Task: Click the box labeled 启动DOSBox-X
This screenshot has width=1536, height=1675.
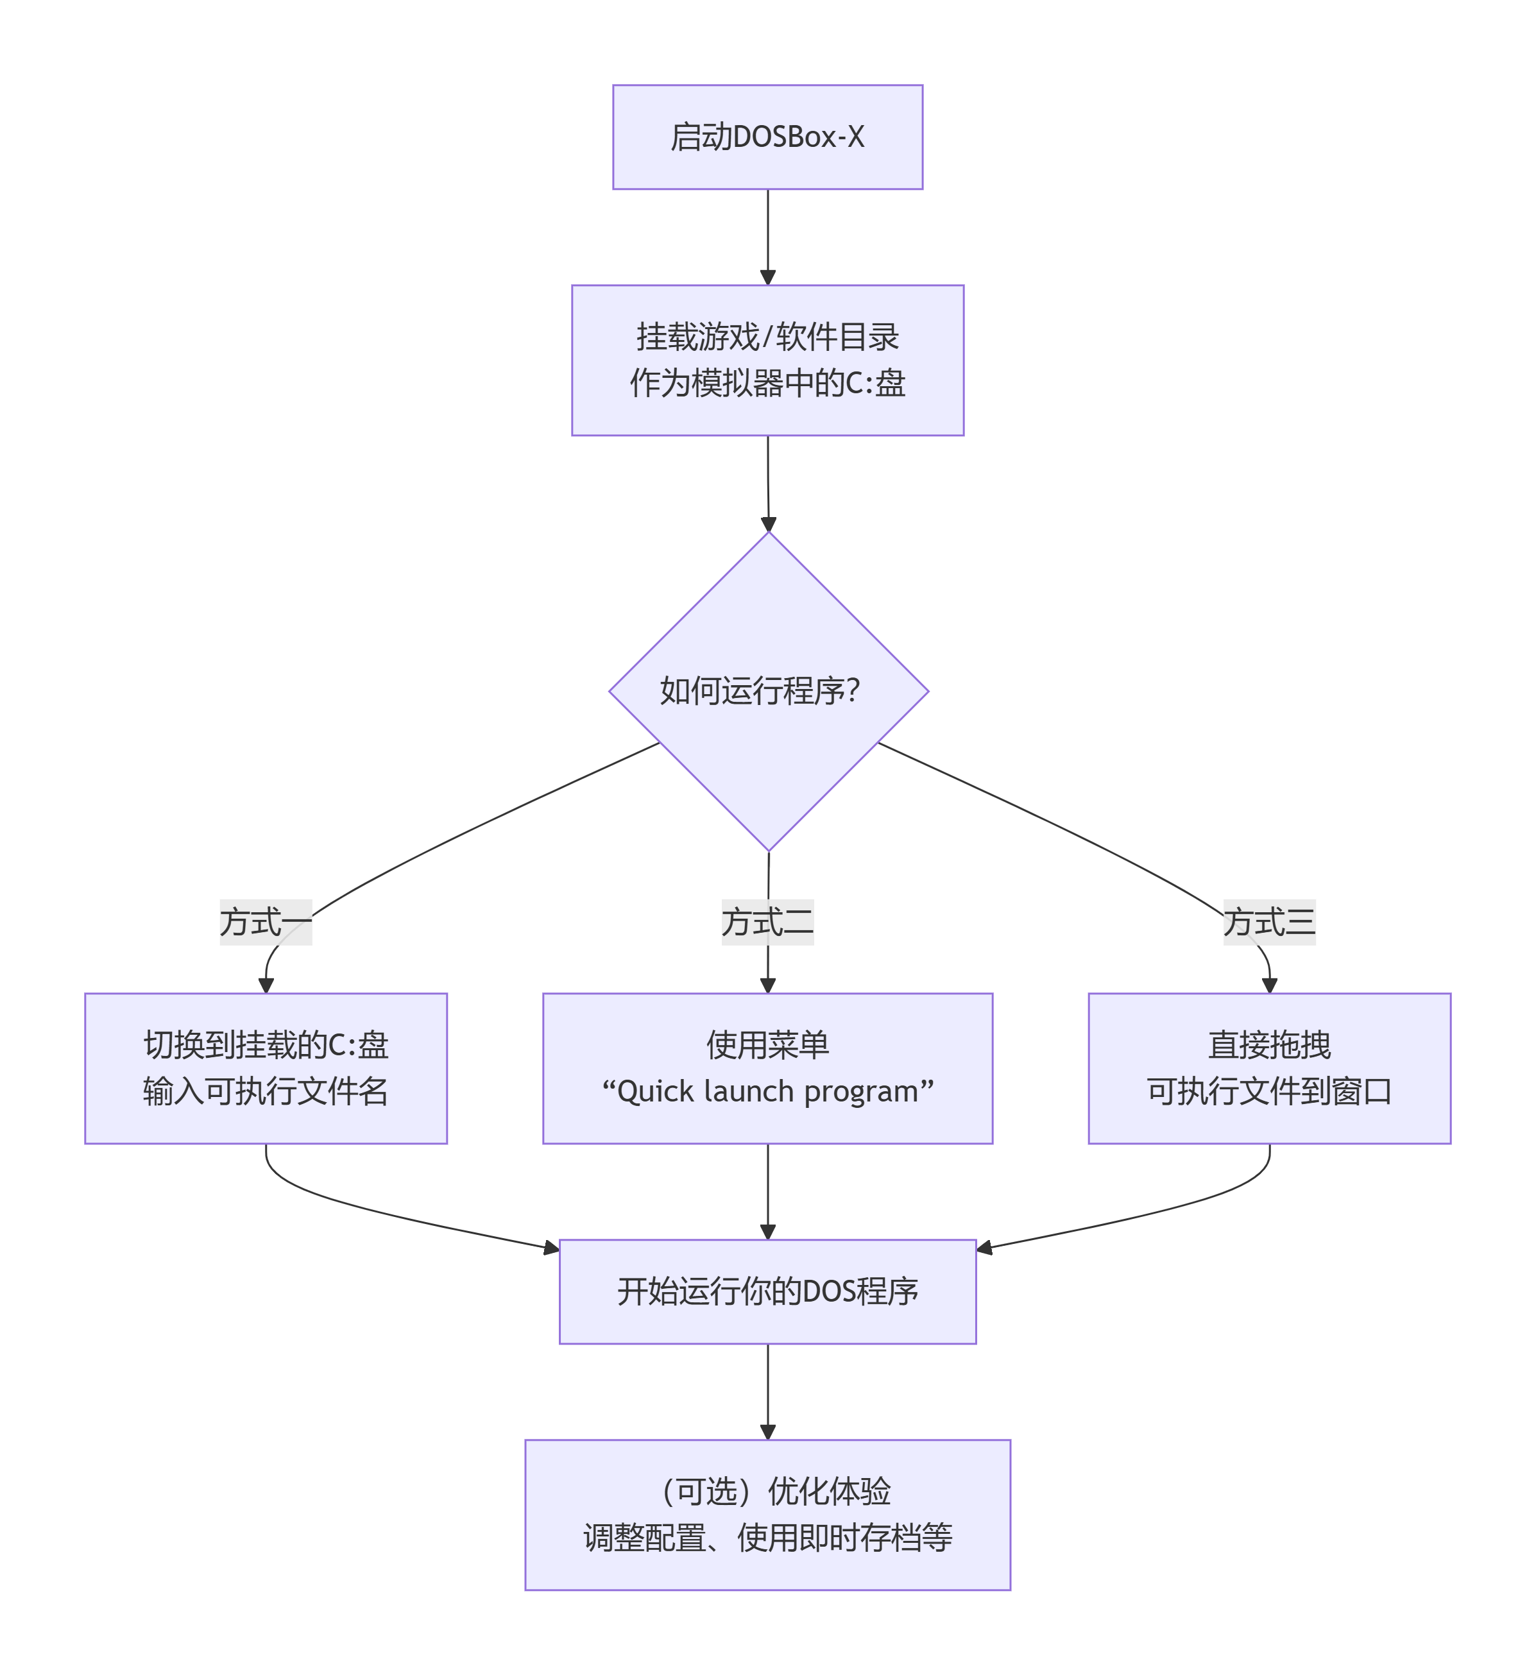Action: pyautogui.click(x=767, y=137)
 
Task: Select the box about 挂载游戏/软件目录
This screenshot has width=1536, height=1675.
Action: pyautogui.click(x=767, y=360)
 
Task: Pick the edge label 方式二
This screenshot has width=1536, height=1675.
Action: pyautogui.click(x=767, y=923)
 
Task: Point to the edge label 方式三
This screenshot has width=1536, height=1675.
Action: pyautogui.click(x=1269, y=923)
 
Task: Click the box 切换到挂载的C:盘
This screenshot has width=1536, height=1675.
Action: pyautogui.click(x=266, y=1069)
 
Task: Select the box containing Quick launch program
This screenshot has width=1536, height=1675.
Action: pyautogui.click(x=767, y=1069)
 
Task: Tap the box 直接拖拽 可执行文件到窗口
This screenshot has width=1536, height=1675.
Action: pyautogui.click(x=1269, y=1069)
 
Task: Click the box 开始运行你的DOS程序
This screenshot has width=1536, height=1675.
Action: pyautogui.click(x=767, y=1292)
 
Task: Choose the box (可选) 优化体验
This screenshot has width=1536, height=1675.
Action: pyautogui.click(x=767, y=1515)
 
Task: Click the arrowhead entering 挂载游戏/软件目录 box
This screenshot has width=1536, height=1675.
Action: pyautogui.click(x=768, y=278)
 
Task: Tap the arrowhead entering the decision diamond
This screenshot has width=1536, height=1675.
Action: pyautogui.click(x=769, y=524)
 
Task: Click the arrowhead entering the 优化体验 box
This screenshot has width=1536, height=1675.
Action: pyautogui.click(x=768, y=1433)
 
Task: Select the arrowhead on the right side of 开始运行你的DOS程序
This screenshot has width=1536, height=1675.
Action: pyautogui.click(x=985, y=1248)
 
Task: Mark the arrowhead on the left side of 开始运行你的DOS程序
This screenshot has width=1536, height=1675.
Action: pyautogui.click(x=551, y=1248)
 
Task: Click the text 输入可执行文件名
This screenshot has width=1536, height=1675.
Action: pyautogui.click(x=266, y=1092)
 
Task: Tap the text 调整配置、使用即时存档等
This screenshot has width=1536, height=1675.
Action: pyautogui.click(x=767, y=1538)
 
